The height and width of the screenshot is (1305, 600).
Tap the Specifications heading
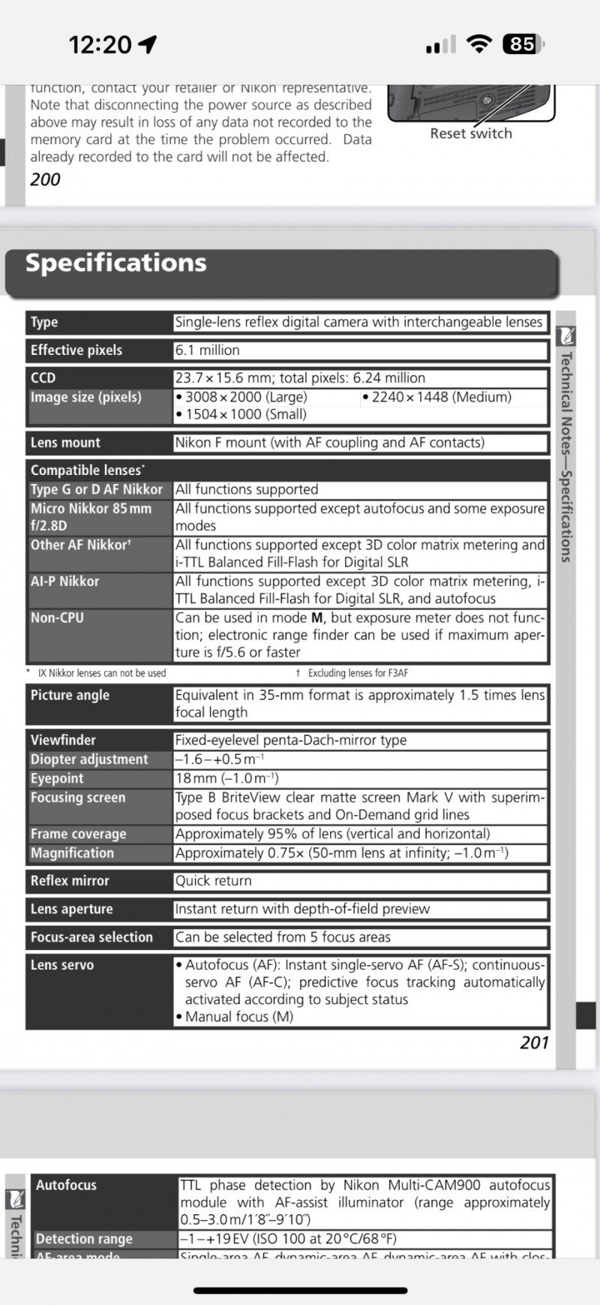coord(116,263)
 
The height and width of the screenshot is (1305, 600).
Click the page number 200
coord(45,179)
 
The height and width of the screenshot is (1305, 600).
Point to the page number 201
coord(534,1042)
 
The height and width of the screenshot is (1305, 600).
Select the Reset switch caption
coord(471,134)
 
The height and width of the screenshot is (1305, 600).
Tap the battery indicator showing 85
coord(523,44)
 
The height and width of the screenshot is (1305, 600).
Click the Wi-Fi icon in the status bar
coord(478,44)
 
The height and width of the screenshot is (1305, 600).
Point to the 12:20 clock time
coord(100,45)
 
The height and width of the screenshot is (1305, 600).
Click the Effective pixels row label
coord(76,350)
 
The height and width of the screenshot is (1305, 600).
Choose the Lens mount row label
coord(65,443)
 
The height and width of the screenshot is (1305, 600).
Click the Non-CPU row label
coord(57,618)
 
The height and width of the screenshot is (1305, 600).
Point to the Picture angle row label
coord(70,695)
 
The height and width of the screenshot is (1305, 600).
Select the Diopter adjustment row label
coord(89,759)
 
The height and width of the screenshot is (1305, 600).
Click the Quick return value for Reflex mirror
coord(214,881)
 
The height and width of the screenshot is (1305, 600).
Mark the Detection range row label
coord(84,1239)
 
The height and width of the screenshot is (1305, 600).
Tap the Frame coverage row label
coord(78,834)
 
